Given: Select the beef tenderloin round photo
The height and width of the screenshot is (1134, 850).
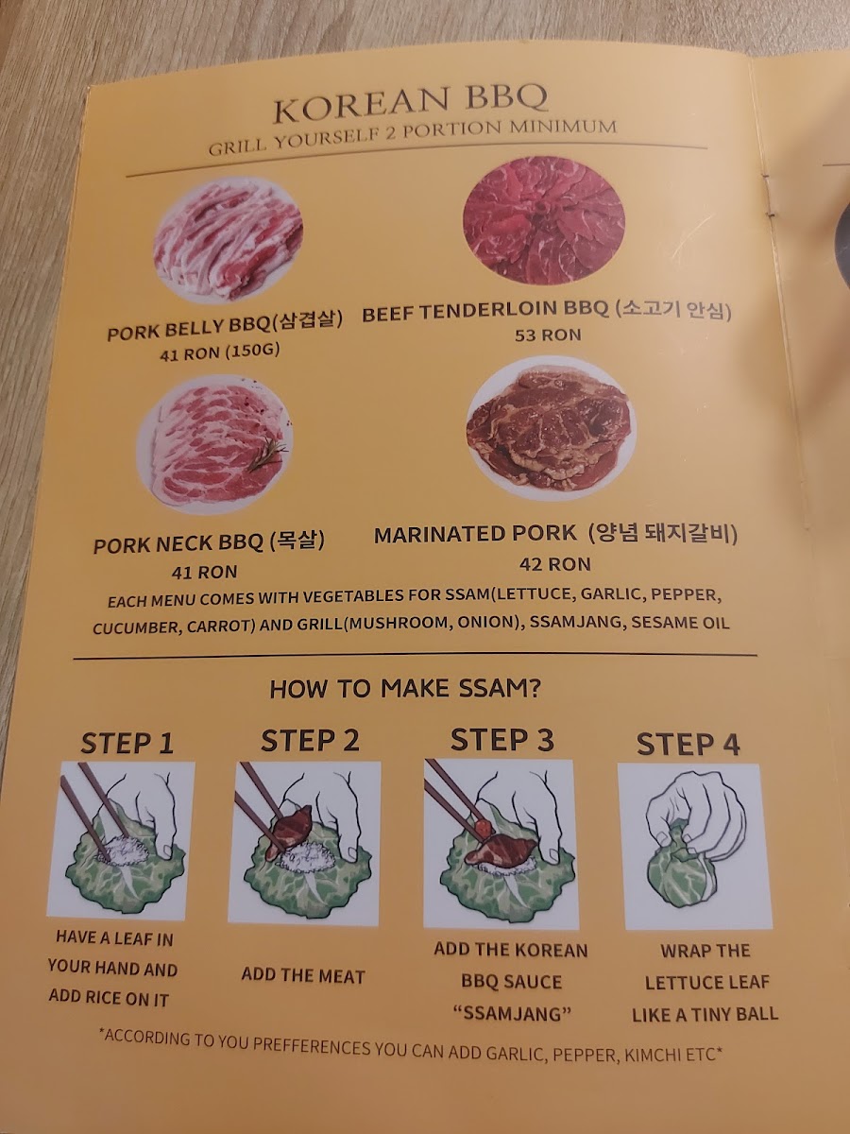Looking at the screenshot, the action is (543, 226).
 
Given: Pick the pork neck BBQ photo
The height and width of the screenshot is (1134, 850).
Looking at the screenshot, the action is (214, 445).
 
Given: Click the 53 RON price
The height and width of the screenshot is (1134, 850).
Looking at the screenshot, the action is (548, 335).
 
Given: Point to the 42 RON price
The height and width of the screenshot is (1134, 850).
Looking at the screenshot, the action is (554, 564).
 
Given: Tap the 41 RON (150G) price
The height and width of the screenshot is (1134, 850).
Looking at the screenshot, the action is (219, 352).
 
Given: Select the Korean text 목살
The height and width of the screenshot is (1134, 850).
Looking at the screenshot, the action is (301, 541).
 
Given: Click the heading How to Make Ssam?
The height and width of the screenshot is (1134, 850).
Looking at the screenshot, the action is (405, 690).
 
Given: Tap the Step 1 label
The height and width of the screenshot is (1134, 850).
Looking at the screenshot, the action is (127, 744).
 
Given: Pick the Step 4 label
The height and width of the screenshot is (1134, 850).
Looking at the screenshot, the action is (688, 745).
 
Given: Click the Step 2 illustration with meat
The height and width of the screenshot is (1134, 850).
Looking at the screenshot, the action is (305, 843).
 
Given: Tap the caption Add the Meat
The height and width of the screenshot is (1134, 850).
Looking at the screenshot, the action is (303, 975).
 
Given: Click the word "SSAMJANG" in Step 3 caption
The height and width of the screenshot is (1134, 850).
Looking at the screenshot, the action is (512, 1014).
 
